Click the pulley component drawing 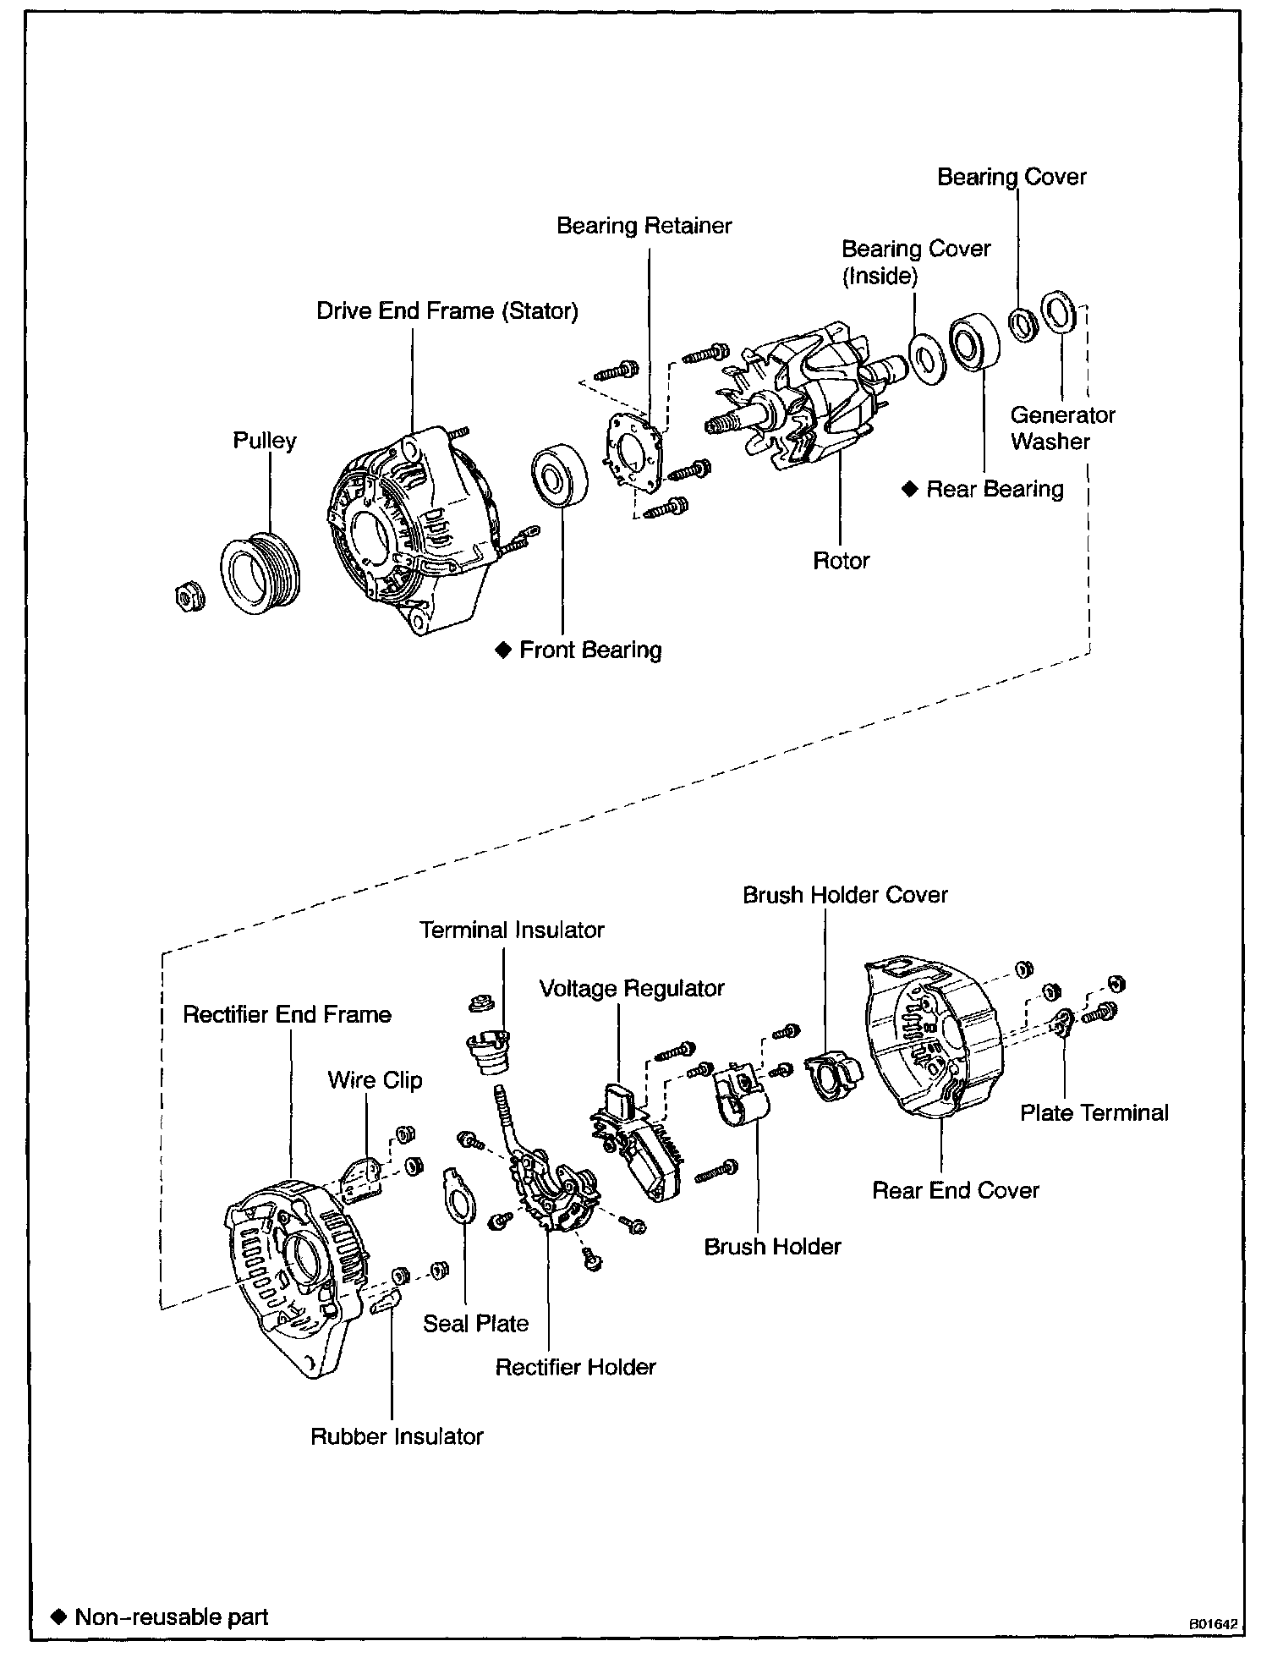tap(261, 571)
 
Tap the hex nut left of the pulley tap(185, 597)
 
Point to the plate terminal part tap(1063, 1023)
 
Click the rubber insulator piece tap(386, 1303)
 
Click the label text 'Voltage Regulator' tap(632, 988)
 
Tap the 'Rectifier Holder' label tap(575, 1367)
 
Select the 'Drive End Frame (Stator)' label tap(447, 311)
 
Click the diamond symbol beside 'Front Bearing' tap(503, 650)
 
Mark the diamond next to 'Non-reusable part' tap(59, 1617)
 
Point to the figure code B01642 tap(1213, 1624)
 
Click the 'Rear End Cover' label tap(955, 1190)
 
